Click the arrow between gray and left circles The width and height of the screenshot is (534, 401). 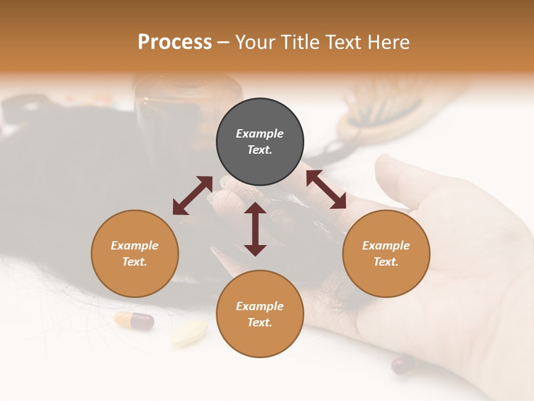[x=192, y=195]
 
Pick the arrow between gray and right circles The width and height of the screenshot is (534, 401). [x=326, y=189]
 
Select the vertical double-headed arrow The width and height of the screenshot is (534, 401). [x=255, y=229]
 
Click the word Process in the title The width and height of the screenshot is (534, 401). [x=175, y=42]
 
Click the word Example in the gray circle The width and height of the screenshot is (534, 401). [x=260, y=134]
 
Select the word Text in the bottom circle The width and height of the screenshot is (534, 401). [x=260, y=322]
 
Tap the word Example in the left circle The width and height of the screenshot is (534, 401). [x=135, y=246]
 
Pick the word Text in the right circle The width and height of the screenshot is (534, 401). [x=386, y=262]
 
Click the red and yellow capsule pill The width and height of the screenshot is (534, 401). [x=134, y=320]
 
